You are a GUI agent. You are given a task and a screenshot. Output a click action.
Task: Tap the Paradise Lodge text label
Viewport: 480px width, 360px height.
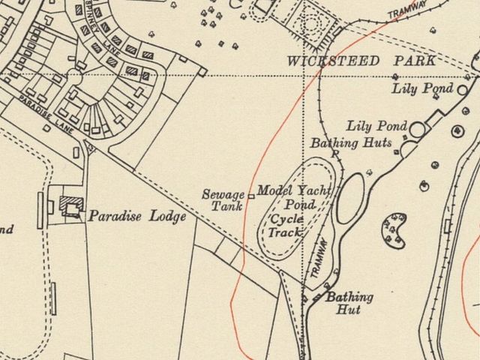(137, 217)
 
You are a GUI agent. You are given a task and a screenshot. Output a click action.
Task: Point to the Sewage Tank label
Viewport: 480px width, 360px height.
(223, 200)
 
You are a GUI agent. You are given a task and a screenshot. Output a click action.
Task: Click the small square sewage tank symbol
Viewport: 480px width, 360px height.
(250, 196)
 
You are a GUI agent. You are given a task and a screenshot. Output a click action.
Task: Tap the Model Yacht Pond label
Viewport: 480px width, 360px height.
(294, 197)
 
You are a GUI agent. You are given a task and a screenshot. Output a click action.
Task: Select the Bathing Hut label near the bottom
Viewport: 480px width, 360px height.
(349, 303)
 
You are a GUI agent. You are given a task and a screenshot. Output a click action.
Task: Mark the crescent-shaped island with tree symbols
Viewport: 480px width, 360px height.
(394, 229)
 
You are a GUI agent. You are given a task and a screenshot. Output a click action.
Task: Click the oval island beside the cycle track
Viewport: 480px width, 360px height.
(349, 198)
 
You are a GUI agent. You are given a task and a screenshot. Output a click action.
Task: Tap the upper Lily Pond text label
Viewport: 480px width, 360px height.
(423, 88)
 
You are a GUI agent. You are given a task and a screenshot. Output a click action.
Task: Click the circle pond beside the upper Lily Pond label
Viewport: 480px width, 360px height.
(463, 90)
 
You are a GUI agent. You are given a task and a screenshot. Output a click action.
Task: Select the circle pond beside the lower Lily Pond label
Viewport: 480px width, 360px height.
(417, 130)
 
